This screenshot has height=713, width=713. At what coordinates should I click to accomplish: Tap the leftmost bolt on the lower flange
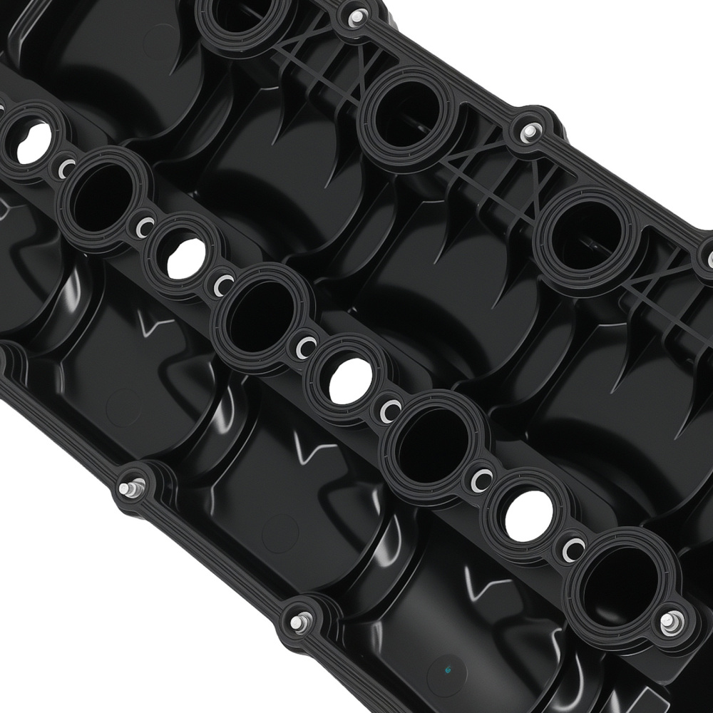click(133, 488)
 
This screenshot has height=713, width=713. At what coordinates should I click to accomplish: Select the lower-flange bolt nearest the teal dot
click(297, 622)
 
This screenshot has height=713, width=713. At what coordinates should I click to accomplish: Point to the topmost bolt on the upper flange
click(355, 16)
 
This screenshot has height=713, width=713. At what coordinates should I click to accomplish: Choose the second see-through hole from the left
click(186, 258)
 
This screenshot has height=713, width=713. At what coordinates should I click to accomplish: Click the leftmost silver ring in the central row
click(66, 168)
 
